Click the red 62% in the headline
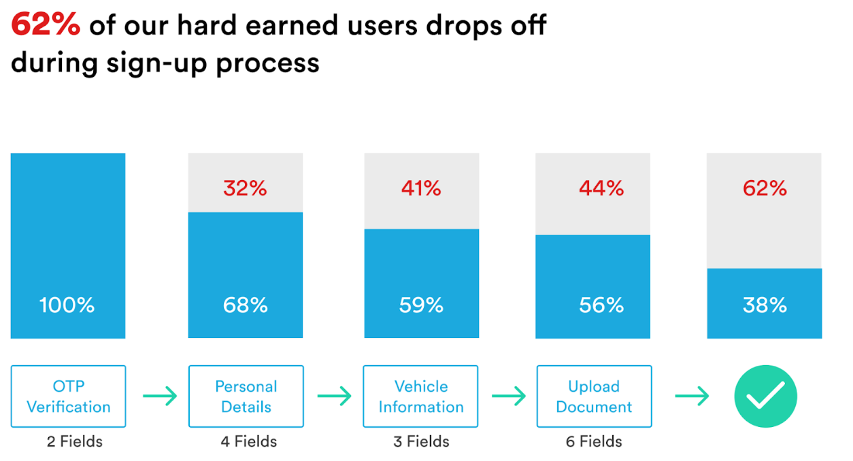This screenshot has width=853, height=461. coord(46,26)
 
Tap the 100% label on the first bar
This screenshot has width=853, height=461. coord(67,305)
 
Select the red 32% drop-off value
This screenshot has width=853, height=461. coord(246,188)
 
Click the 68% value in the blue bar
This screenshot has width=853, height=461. coord(246,305)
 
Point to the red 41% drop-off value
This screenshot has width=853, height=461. coord(421,188)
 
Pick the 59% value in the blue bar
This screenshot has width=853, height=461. coord(421,305)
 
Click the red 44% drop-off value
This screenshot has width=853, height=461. coord(601,188)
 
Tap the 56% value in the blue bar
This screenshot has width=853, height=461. coord(601,305)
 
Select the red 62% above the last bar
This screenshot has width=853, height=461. coord(765,188)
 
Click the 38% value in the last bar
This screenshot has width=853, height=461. coord(765,305)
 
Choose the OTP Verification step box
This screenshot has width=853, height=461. coord(68,396)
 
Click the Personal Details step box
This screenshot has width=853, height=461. coord(246,396)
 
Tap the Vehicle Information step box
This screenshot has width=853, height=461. coord(420,396)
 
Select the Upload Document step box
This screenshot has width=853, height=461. coord(594,396)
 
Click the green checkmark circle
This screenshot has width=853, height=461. coord(765,396)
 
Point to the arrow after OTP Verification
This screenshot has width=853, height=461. coord(160,396)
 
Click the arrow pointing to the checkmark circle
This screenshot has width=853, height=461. coord(692,396)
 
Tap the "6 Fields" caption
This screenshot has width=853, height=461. coord(594,442)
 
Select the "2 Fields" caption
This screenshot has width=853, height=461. coord(75,442)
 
